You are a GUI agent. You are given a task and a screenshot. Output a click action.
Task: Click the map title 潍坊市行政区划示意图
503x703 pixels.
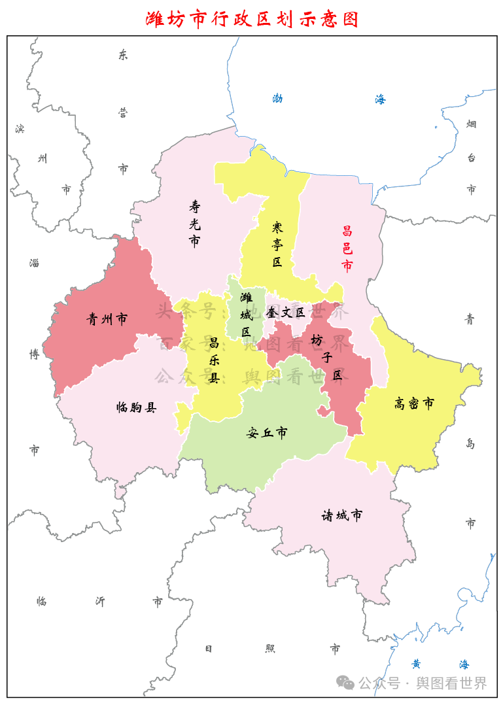[x=252, y=19]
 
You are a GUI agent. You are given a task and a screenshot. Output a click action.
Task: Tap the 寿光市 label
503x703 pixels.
[x=194, y=224]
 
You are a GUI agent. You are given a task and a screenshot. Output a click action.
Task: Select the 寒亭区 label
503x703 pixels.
[x=277, y=245]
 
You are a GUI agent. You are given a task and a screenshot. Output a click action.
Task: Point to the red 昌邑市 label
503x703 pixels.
[x=347, y=249]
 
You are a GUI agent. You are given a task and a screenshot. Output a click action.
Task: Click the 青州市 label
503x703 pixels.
[x=107, y=319]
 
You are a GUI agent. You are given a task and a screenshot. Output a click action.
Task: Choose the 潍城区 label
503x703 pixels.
[x=246, y=315]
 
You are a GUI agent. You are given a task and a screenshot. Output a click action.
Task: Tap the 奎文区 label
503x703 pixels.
[x=286, y=313]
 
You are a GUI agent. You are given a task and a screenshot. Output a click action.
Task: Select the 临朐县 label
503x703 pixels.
[x=136, y=407]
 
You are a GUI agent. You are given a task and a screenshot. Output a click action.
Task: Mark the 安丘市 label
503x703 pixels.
[x=267, y=432]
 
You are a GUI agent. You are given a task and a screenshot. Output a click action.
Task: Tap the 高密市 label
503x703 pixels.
[x=414, y=403]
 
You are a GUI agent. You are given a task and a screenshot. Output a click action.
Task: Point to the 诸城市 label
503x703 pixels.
[x=341, y=515]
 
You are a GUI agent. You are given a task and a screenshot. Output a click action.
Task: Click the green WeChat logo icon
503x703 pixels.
[x=345, y=683]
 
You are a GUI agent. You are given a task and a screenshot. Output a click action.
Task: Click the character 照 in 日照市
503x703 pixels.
[x=270, y=648]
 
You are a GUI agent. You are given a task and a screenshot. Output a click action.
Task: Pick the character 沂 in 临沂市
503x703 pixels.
[x=100, y=601]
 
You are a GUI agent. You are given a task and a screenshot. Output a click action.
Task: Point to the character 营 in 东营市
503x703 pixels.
[x=123, y=112]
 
